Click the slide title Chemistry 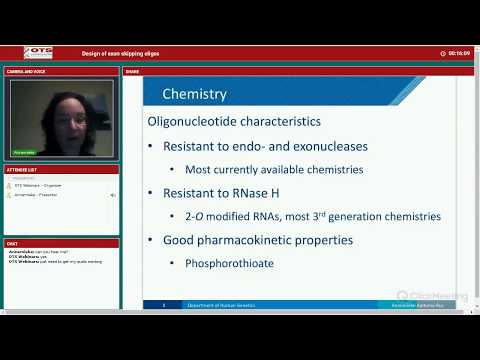click(x=194, y=95)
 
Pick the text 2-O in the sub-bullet click(x=194, y=216)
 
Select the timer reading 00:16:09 click(x=459, y=53)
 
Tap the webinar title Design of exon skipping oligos click(x=120, y=53)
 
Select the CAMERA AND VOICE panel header click(x=25, y=72)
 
